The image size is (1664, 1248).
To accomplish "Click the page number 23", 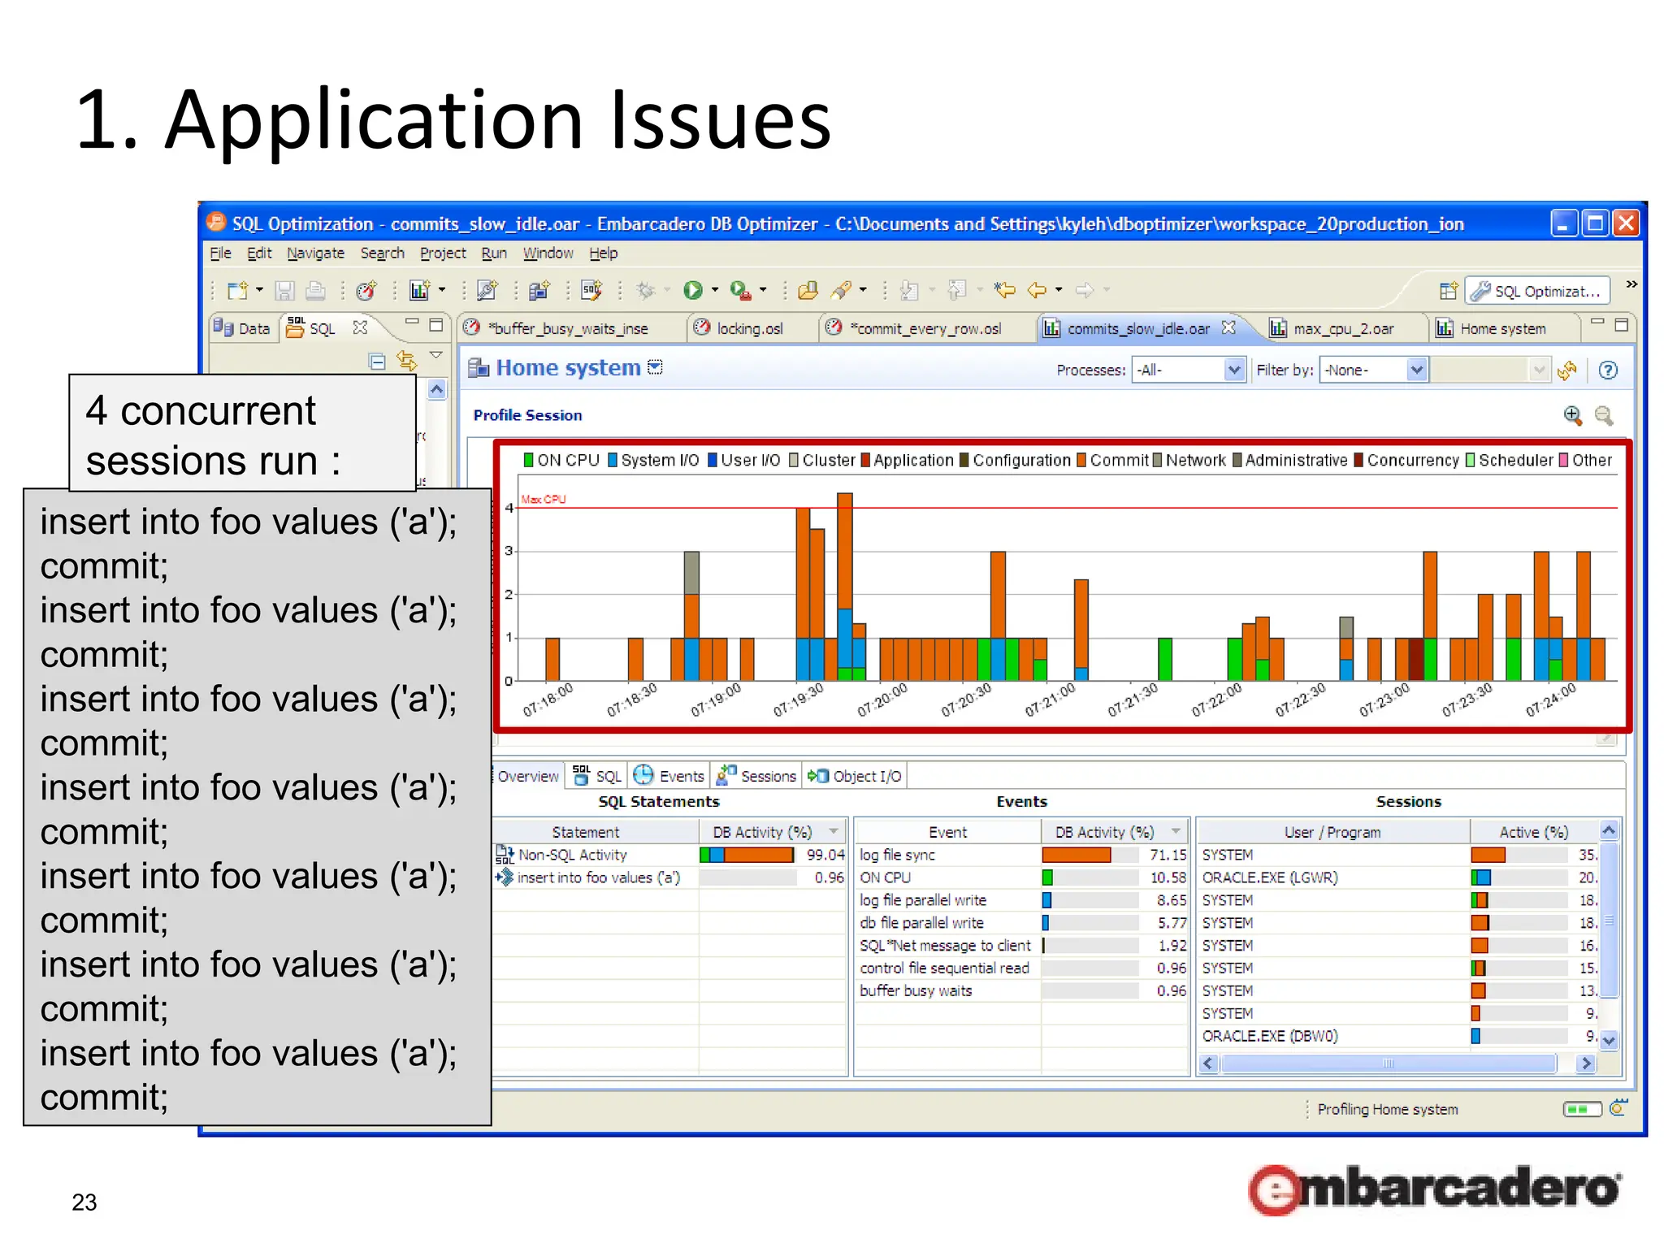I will [x=84, y=1202].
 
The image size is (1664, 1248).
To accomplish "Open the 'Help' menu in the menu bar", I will [x=603, y=253].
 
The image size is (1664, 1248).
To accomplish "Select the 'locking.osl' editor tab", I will [x=748, y=328].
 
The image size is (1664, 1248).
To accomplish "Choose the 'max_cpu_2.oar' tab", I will [x=1342, y=328].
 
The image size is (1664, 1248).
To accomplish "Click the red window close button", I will [x=1626, y=223].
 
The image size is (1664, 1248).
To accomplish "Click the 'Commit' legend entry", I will [x=1118, y=460].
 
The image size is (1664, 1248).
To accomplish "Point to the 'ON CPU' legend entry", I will [x=567, y=460].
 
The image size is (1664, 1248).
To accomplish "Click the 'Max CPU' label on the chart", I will [x=544, y=499].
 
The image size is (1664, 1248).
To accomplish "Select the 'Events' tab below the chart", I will [x=680, y=776].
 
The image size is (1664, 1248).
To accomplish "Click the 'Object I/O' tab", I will [x=866, y=776].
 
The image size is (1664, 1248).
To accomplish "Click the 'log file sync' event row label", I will [x=897, y=855].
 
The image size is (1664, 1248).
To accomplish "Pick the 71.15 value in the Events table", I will [x=1168, y=855].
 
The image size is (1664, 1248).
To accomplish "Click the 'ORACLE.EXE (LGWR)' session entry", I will [x=1269, y=877].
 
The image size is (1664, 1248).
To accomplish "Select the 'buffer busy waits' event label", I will [x=916, y=990].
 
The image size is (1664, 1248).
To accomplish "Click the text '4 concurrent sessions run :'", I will [x=213, y=435].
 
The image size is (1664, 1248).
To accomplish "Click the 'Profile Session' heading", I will [x=527, y=415].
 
